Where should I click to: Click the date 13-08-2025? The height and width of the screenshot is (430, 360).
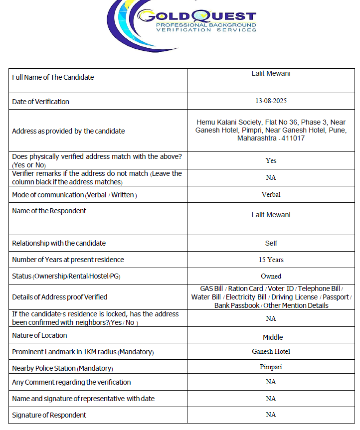(271, 101)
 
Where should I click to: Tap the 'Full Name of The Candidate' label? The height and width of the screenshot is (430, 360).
(53, 77)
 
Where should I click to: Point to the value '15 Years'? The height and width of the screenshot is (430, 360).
(271, 260)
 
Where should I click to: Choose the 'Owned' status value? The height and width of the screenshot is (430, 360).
(271, 276)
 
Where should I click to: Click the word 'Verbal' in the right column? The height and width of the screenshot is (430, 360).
(271, 194)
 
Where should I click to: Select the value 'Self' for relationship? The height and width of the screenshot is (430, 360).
(271, 243)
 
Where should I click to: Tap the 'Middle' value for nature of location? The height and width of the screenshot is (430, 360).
(272, 337)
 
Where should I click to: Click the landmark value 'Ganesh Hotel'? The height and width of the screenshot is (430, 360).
(271, 351)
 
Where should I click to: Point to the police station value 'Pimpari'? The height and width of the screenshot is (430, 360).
(271, 367)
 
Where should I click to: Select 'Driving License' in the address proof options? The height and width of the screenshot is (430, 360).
(294, 297)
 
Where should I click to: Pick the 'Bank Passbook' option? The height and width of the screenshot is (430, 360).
(237, 305)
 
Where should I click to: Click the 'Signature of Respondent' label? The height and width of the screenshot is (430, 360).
(49, 415)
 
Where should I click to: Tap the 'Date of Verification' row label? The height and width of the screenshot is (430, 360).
(40, 102)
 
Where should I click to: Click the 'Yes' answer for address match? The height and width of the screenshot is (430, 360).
(271, 160)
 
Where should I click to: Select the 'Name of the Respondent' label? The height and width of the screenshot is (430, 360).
(49, 211)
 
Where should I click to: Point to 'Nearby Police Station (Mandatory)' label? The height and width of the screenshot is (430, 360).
(62, 368)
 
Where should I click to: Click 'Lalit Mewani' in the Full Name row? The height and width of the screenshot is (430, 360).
(271, 73)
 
